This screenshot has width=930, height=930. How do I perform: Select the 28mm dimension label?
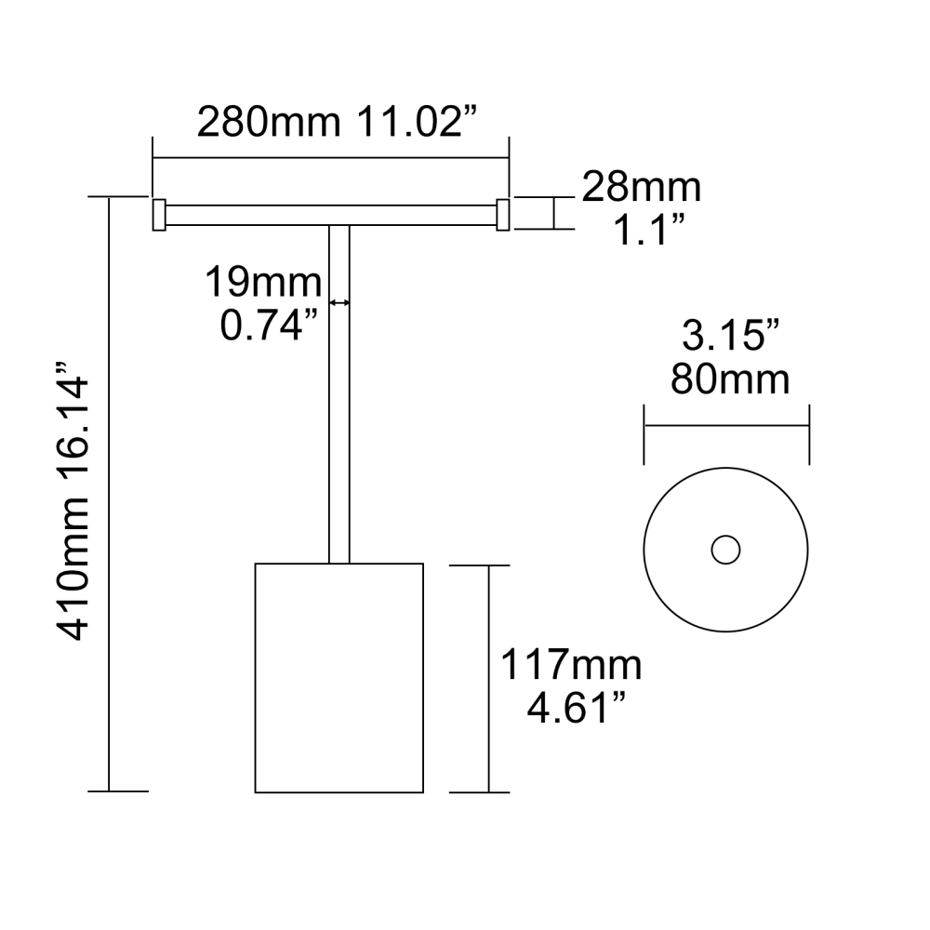[641, 189]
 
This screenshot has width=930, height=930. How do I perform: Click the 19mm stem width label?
[263, 280]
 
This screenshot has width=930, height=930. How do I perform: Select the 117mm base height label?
[570, 666]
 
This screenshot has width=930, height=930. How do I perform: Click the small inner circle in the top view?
[725, 550]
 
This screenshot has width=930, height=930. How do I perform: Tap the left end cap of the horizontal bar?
[158, 214]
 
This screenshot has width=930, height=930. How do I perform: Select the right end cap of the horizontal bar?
[503, 214]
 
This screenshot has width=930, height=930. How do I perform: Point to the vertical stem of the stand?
[339, 418]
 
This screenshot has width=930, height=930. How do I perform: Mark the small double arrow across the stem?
[339, 302]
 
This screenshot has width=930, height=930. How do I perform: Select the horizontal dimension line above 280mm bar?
[330, 157]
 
